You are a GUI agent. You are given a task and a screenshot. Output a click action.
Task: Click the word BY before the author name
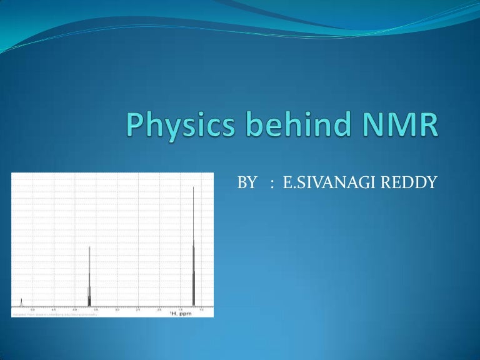point(247,182)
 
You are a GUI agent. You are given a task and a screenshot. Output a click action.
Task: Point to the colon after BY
point(272,184)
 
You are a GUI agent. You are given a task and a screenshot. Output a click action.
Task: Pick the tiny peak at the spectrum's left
point(21,302)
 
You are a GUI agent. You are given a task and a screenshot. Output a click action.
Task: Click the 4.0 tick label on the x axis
point(74,310)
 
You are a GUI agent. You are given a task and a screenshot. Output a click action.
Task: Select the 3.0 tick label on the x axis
point(117,310)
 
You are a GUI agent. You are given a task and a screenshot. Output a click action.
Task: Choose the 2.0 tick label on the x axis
point(159,310)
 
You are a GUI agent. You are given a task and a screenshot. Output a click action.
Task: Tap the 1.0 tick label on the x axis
point(201,310)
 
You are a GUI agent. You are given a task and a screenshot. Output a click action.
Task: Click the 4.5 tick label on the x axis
point(53,310)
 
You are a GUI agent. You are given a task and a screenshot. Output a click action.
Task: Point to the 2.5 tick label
point(137,310)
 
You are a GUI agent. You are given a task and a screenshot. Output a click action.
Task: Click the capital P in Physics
point(133,125)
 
